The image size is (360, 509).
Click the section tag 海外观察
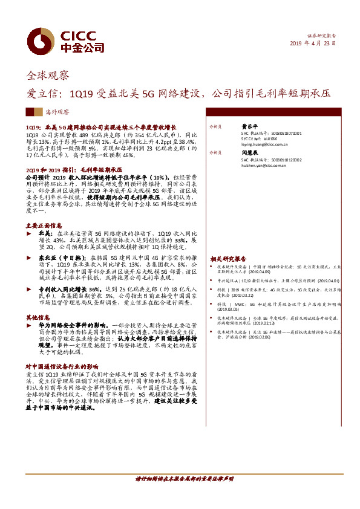58,112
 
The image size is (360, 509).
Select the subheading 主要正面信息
44,225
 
